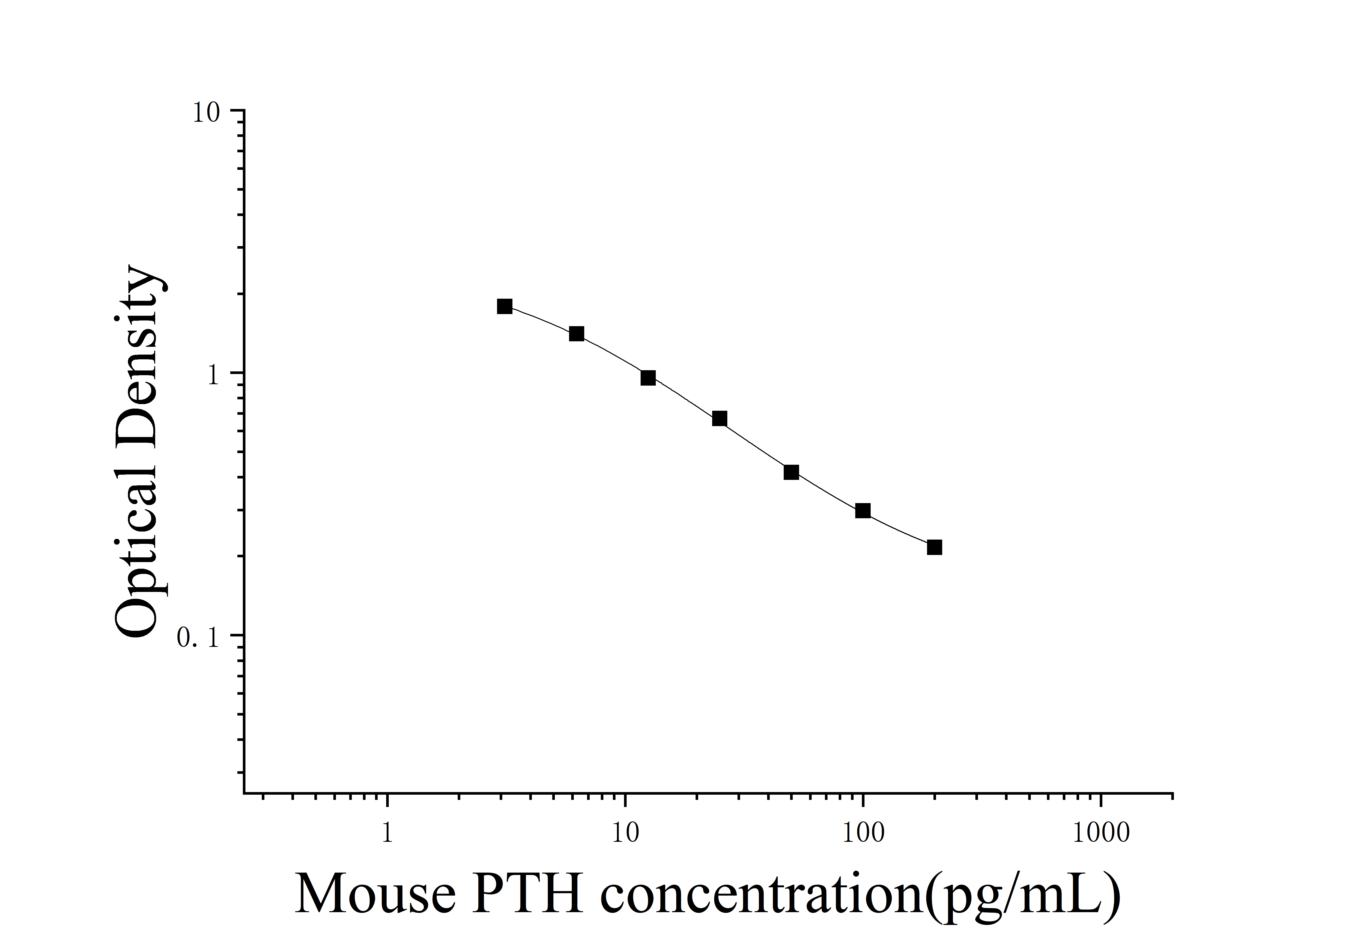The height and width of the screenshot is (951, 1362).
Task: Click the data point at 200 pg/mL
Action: [x=934, y=547]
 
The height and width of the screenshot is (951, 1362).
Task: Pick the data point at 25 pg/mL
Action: [x=719, y=419]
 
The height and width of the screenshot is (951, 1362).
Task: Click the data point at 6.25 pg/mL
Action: [x=577, y=334]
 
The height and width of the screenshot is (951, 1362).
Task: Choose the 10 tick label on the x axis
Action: [x=625, y=833]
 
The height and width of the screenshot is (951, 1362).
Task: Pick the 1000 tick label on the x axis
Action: [x=1101, y=833]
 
